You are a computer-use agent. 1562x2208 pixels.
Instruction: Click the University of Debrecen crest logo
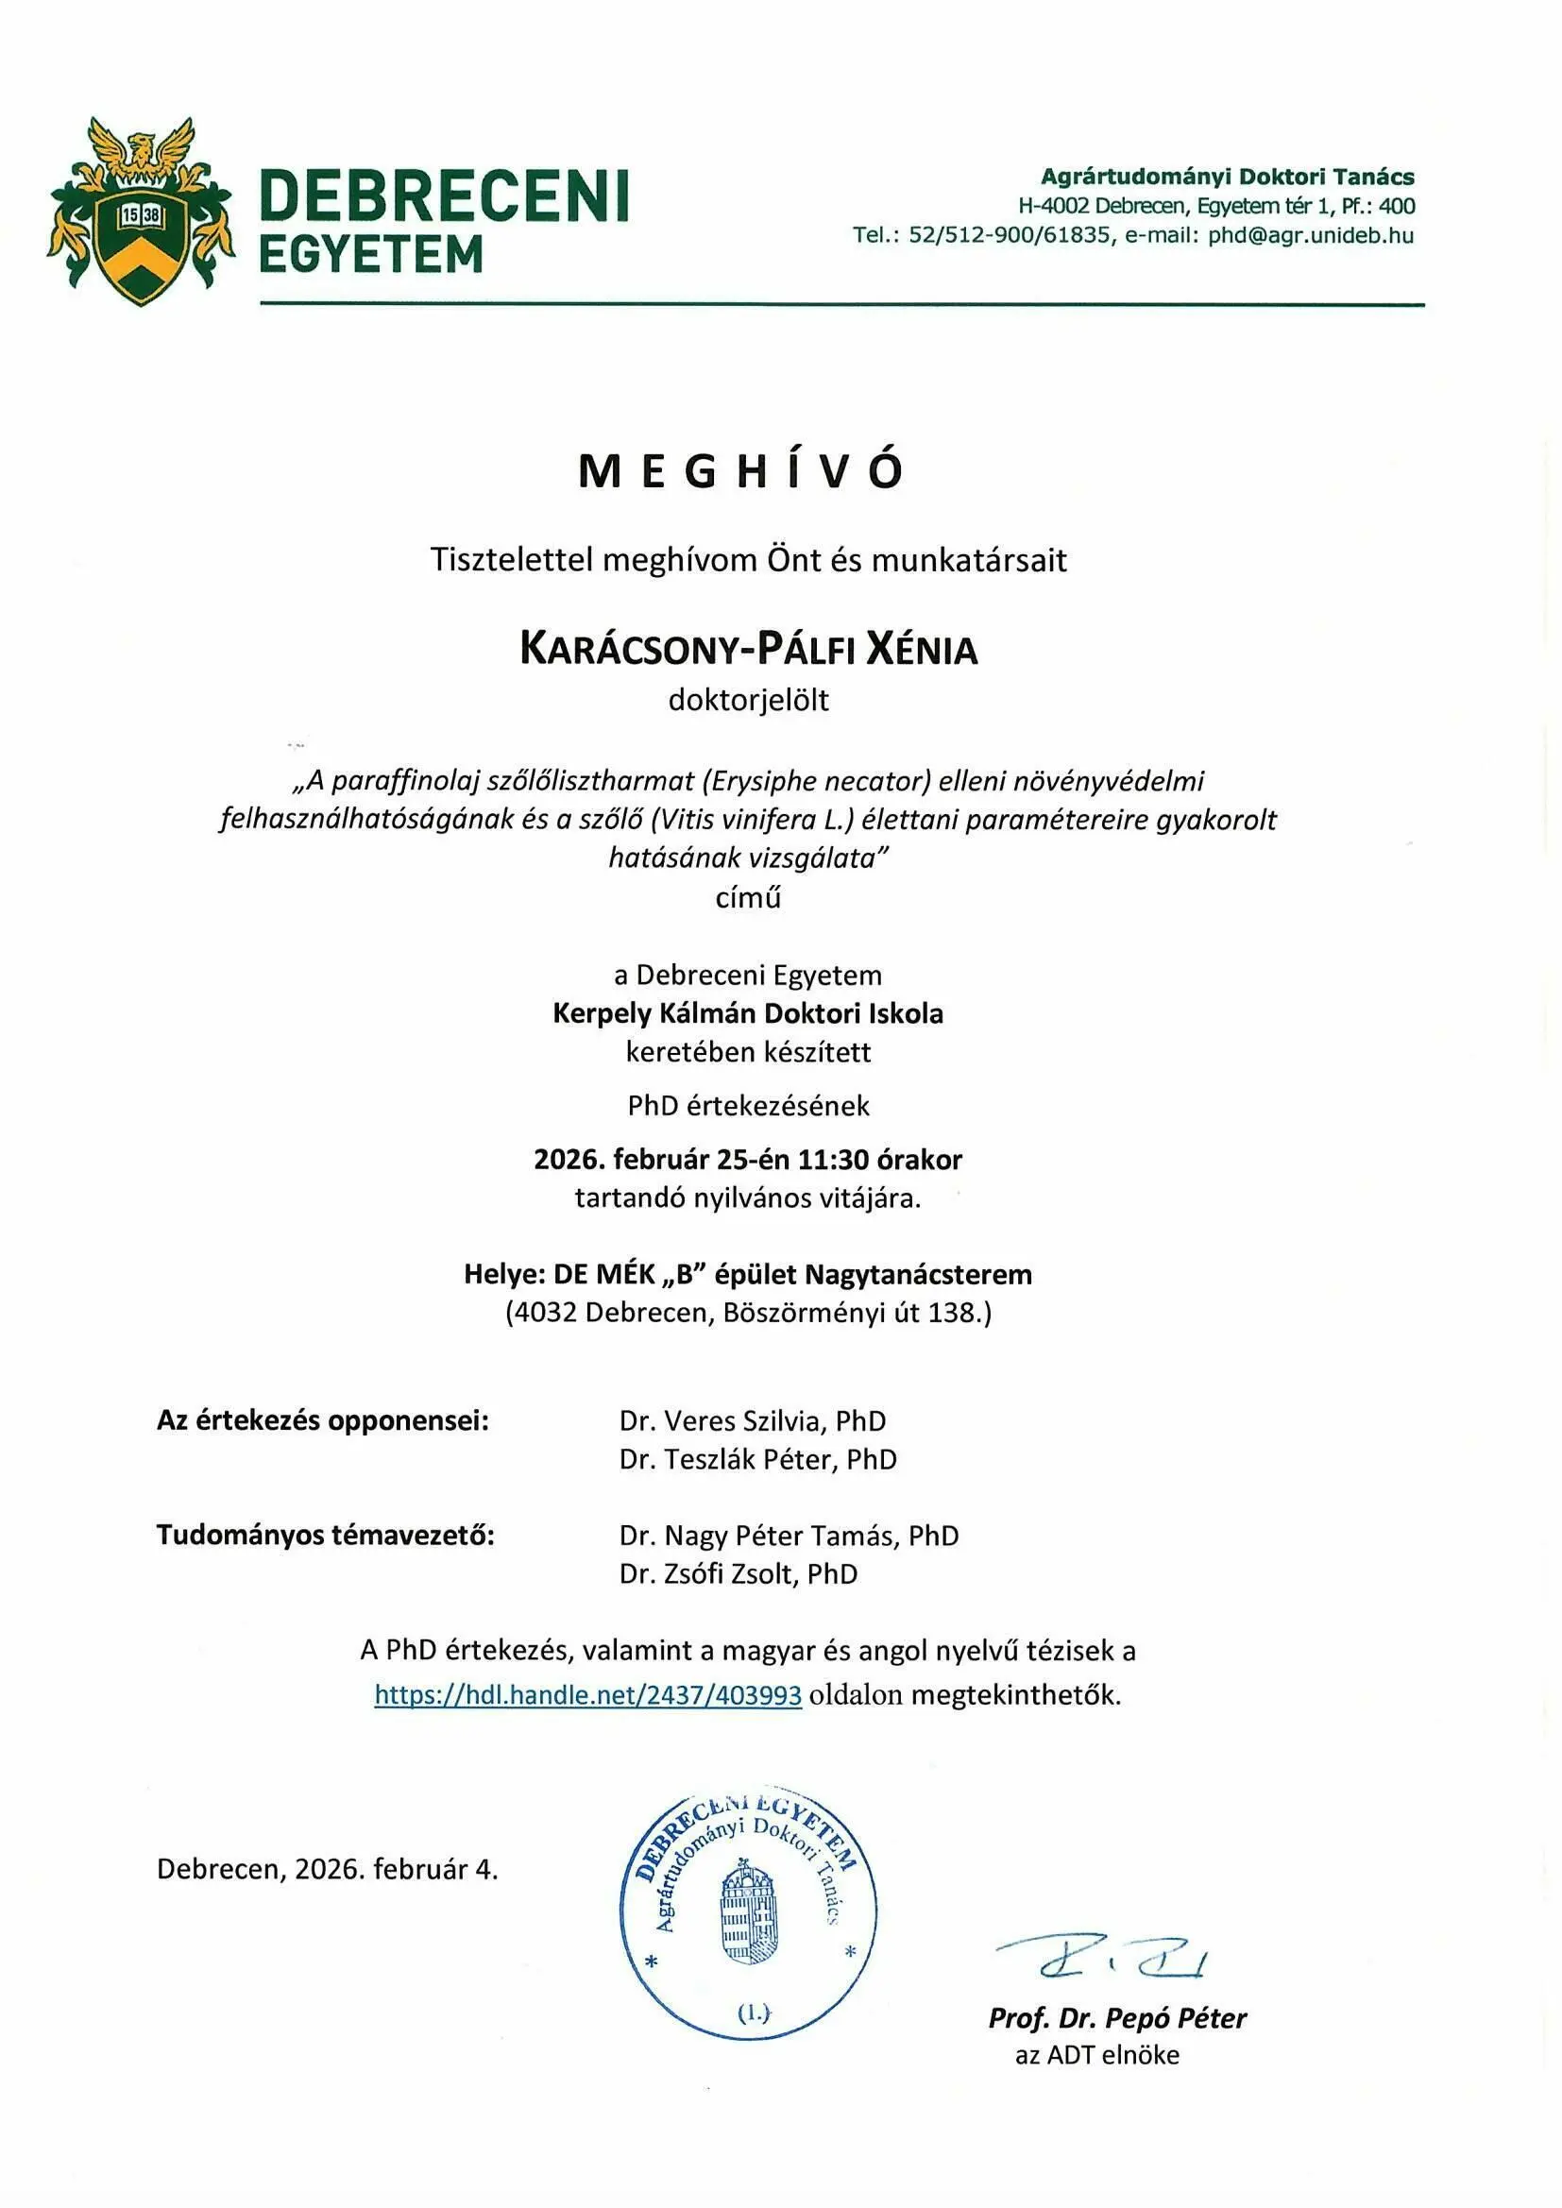tap(141, 212)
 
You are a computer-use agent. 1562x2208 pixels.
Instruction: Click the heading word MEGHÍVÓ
tap(740, 472)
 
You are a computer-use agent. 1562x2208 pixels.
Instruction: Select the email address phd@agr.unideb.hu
tap(1310, 235)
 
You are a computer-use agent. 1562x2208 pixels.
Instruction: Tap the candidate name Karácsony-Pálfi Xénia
tap(748, 650)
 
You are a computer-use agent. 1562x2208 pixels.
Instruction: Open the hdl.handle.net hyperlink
tap(587, 1694)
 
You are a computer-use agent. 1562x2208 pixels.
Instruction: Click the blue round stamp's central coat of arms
tap(750, 1913)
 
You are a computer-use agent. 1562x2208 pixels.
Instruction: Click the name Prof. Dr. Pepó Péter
tap(1116, 2017)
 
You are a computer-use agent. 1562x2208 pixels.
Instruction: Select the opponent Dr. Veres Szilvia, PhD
tap(752, 1421)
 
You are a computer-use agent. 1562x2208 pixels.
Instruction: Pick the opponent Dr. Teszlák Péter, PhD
tap(758, 1460)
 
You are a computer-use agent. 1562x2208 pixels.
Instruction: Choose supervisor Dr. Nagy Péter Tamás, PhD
tap(789, 1536)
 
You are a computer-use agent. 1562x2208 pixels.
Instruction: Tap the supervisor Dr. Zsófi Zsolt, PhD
tap(738, 1574)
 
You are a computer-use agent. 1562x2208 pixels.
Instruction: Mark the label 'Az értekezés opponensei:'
tap(323, 1420)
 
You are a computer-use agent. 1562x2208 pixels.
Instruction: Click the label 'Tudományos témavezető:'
tap(325, 1535)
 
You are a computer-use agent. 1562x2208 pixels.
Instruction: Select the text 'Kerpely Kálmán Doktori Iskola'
tap(747, 1013)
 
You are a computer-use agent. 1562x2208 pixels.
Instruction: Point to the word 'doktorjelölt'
tap(748, 700)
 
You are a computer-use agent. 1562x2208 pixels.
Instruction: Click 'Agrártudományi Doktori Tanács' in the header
tap(1228, 177)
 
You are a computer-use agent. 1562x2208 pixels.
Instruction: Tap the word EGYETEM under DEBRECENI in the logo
tap(371, 255)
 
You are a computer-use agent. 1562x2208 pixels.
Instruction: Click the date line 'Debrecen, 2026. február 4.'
tap(327, 1870)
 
